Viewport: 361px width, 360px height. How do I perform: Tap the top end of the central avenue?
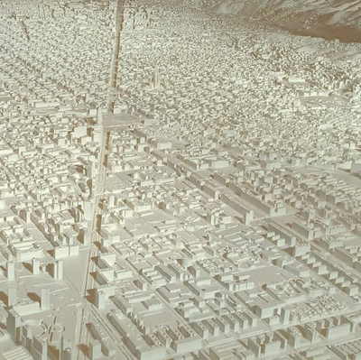click(x=118, y=5)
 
